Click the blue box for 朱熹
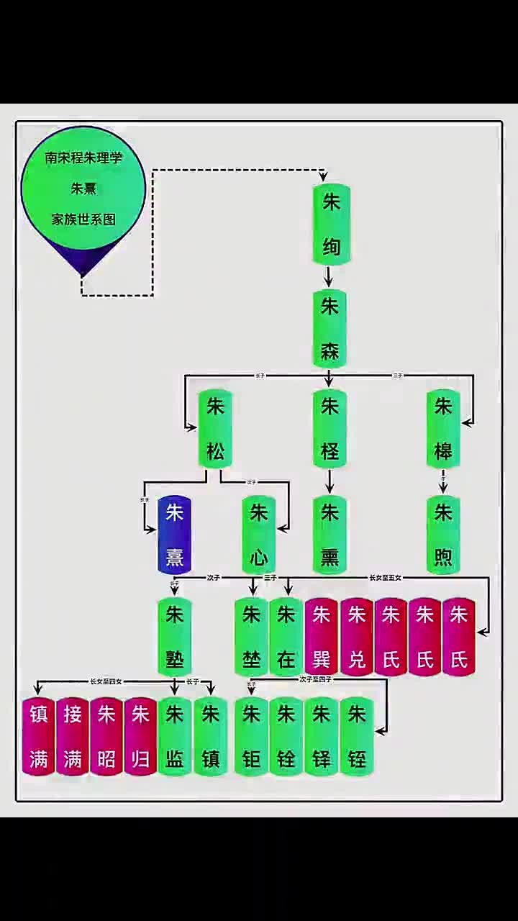[175, 535]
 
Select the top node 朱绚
[330, 225]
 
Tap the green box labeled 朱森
[330, 329]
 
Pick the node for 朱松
[216, 429]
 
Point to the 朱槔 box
[443, 429]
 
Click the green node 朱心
[259, 535]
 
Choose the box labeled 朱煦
[443, 535]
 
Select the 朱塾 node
[175, 637]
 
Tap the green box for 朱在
[286, 637]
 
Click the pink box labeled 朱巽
[321, 637]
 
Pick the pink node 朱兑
[356, 637]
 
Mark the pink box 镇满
[39, 736]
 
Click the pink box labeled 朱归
[140, 736]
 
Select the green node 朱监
[175, 736]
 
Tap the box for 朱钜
[251, 736]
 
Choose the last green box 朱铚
[357, 736]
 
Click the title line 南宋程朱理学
[83, 158]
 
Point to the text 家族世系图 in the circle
[83, 219]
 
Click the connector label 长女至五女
[385, 577]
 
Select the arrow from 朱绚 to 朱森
[329, 277]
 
